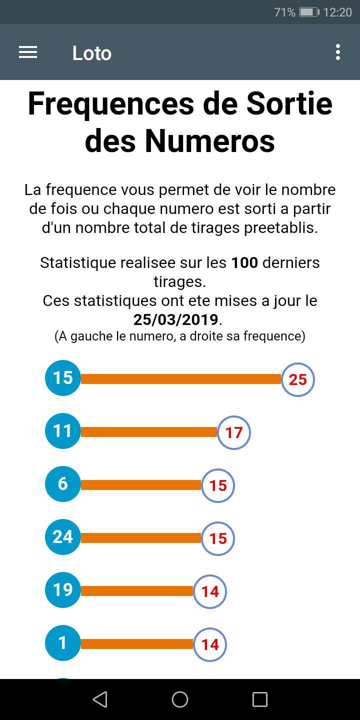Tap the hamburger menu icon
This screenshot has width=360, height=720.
tap(28, 52)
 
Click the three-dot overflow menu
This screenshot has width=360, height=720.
tap(338, 52)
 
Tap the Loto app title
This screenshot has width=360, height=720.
tap(91, 53)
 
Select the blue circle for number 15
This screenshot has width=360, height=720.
tap(63, 378)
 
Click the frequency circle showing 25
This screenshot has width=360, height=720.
tap(298, 380)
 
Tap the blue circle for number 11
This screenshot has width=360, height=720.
tap(63, 431)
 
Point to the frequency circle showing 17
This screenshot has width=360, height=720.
tap(234, 433)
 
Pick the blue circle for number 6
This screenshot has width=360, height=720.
tap(63, 484)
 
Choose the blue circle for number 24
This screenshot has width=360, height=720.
tap(63, 537)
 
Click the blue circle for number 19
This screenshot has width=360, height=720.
tap(63, 590)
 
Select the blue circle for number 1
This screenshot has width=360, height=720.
tap(63, 643)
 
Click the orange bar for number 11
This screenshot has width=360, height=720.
tap(149, 432)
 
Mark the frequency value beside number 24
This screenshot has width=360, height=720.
tap(218, 539)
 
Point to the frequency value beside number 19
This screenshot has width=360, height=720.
tap(210, 592)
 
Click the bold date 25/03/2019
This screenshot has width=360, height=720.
tap(176, 319)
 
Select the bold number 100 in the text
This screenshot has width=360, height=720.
tap(244, 262)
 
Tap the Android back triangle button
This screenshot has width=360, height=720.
tap(100, 699)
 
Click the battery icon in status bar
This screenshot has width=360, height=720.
tap(308, 12)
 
